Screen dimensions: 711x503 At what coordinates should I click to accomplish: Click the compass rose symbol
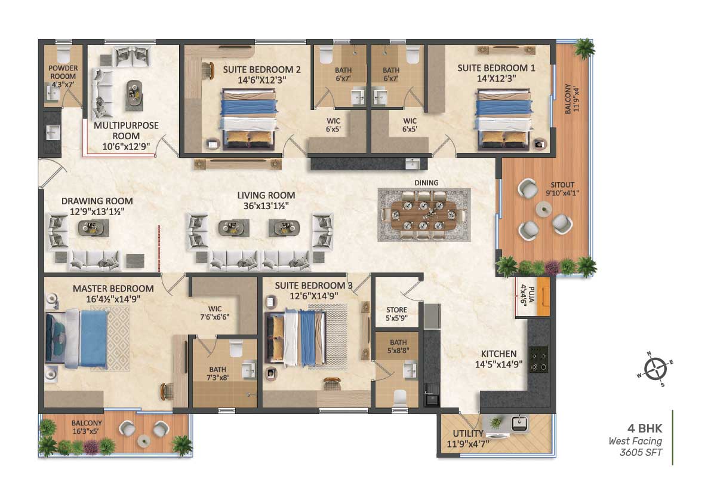pos(655,369)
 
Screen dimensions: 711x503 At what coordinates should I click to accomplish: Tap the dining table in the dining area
pos(424,214)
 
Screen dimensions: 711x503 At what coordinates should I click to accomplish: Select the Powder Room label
pos(63,72)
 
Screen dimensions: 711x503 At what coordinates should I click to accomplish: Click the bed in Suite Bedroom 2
pos(248,119)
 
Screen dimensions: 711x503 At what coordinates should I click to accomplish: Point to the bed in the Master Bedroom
pos(76,338)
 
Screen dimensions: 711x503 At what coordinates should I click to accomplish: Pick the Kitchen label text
pos(499,354)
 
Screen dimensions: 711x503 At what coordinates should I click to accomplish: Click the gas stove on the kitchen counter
pos(538,359)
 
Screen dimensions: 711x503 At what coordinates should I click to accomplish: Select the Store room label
pos(397,310)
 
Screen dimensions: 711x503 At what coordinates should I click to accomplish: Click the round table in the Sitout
pos(544,209)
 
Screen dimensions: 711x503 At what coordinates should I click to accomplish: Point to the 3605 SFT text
pos(641,452)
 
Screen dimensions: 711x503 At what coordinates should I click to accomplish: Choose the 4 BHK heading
pos(645,428)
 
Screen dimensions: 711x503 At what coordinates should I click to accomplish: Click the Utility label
pos(468,434)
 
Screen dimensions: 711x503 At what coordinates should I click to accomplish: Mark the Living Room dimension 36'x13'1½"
pos(266,206)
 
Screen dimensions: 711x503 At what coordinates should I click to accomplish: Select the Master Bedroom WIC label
pos(215,309)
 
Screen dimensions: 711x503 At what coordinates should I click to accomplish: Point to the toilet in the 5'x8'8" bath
pos(401,397)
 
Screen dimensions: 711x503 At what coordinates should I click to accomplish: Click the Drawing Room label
pos(97,201)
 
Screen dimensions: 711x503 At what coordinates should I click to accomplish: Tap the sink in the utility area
pos(519,423)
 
